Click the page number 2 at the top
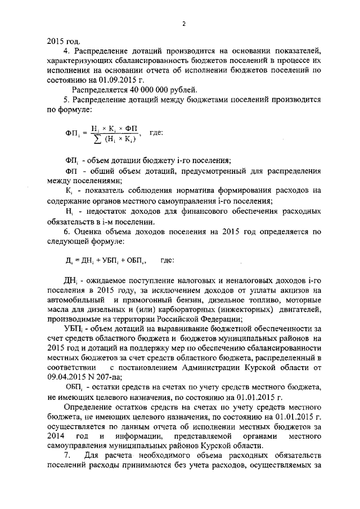[x=183, y=23]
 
